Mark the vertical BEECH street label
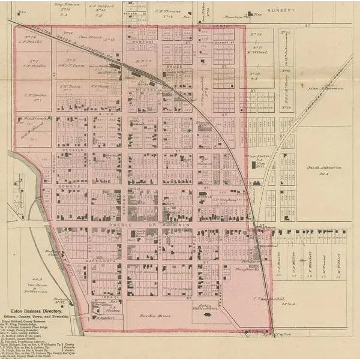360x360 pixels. (89, 243)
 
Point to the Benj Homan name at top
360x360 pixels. (66, 5)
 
